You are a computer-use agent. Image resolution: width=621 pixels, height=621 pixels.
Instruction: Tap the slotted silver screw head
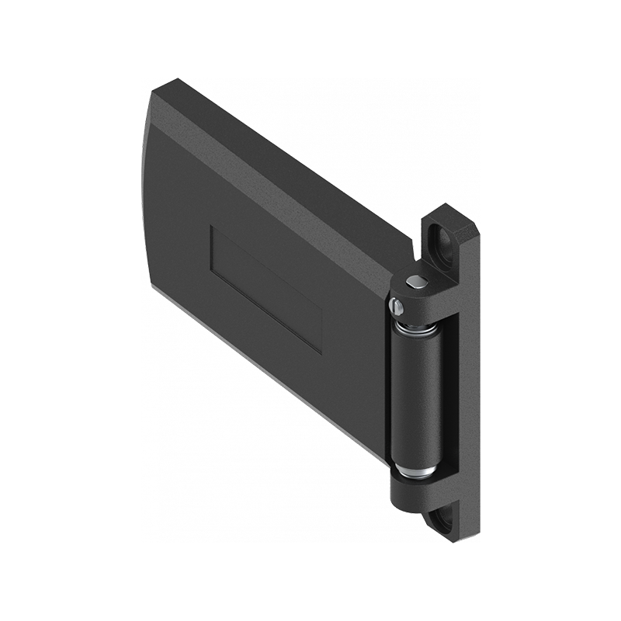(398, 308)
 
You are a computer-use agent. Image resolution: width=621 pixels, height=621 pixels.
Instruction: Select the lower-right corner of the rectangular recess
(320, 352)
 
